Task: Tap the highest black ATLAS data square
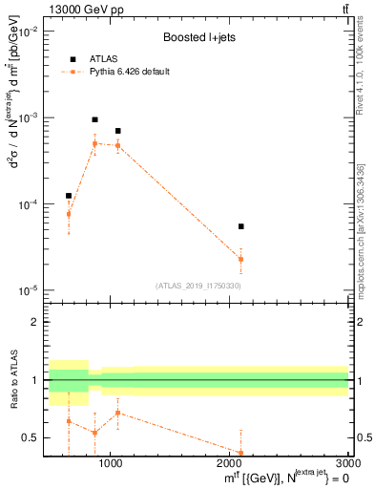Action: [x=94, y=119]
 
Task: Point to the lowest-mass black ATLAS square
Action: [x=69, y=196]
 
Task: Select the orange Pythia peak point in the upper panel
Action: [x=94, y=143]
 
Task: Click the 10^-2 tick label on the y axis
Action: [x=28, y=32]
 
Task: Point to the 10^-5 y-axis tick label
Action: [x=28, y=290]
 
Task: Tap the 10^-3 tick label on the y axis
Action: [x=28, y=117]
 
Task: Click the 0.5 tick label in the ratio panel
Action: [x=31, y=437]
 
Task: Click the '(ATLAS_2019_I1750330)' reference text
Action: [x=198, y=285]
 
